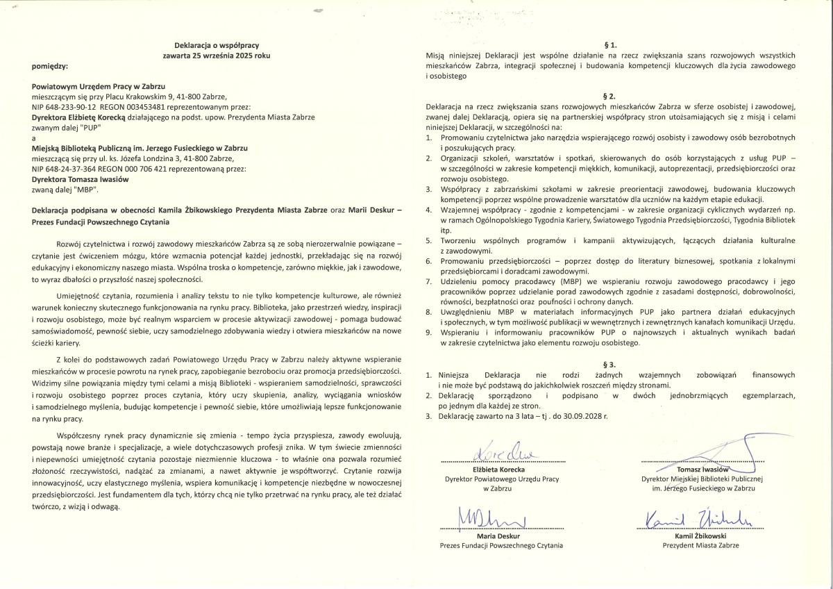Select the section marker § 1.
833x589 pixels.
612,44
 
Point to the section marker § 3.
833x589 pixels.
612,364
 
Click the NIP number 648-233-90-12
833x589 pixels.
71,108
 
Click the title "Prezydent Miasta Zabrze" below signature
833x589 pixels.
700,545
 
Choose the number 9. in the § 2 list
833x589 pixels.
429,333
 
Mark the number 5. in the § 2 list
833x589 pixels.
429,240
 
